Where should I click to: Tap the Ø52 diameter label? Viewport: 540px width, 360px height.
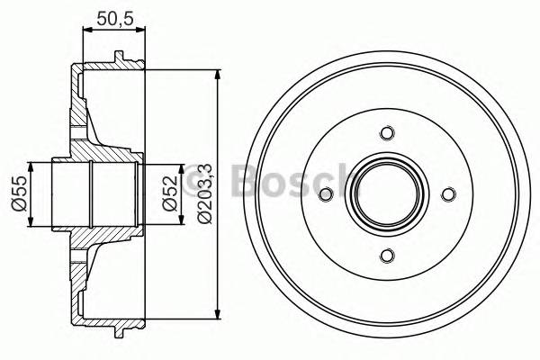[168, 193]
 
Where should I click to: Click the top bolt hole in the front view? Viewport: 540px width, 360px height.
[387, 133]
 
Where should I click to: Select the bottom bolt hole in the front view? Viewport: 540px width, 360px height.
[387, 255]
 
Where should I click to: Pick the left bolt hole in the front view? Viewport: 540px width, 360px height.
[327, 194]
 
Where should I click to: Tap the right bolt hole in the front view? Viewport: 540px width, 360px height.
[448, 194]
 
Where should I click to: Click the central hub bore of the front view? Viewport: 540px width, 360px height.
[387, 194]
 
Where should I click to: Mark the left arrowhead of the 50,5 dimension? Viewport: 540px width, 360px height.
[86, 30]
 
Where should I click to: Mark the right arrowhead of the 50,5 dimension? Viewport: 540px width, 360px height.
[142, 30]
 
